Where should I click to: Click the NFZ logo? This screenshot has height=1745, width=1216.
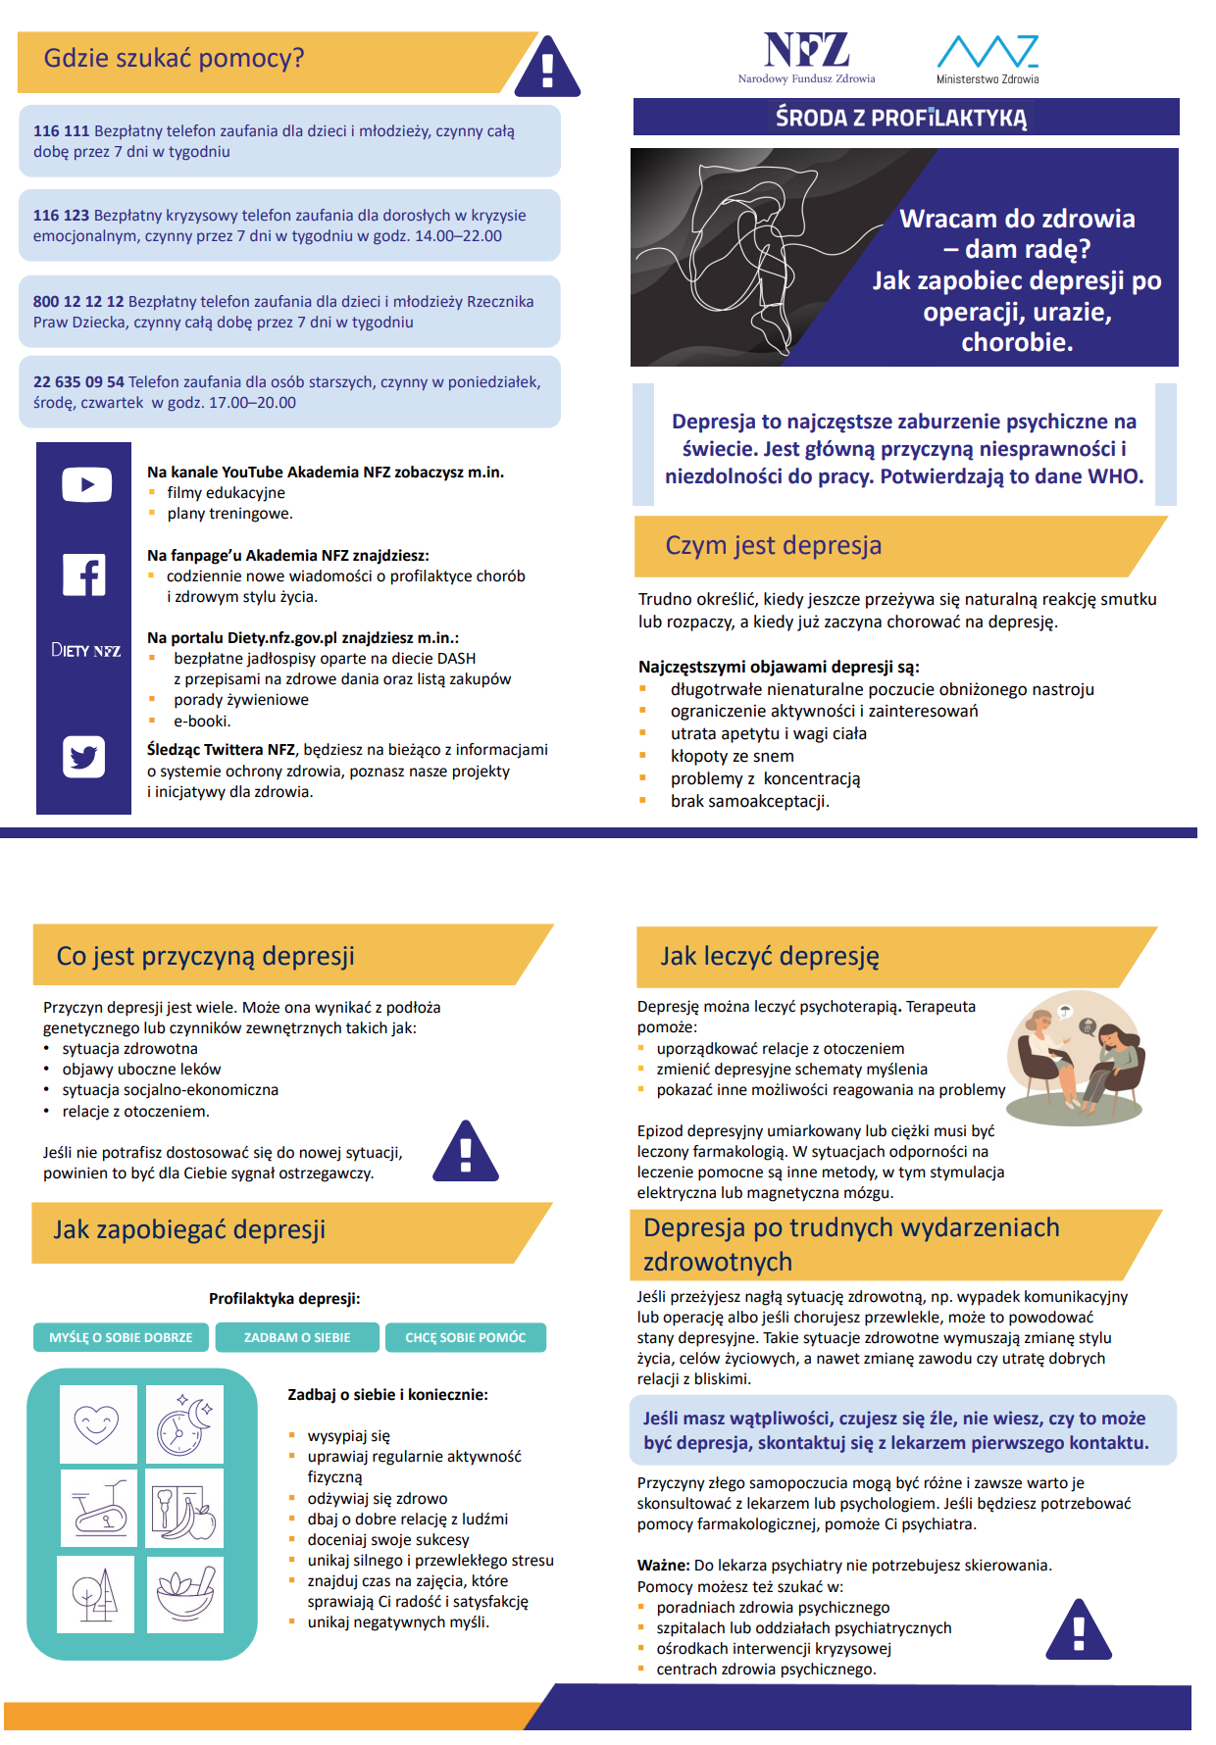806,57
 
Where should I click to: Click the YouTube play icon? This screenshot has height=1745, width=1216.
86,484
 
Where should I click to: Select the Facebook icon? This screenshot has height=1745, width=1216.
84,574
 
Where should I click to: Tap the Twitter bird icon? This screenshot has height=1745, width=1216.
84,757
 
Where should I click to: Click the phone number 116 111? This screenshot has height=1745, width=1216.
61,131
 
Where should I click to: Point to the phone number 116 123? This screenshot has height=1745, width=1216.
61,216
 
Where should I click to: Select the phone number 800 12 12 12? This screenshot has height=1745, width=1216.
78,302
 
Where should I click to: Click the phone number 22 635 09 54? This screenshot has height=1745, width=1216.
78,382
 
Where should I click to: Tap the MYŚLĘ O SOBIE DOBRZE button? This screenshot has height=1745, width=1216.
121,1337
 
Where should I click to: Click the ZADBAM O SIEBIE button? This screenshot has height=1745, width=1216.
297,1337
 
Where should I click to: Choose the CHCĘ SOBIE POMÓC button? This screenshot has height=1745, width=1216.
466,1337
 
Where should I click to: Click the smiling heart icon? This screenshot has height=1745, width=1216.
97,1423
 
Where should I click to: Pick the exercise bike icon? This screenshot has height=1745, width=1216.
98,1508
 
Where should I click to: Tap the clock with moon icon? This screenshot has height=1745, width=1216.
184,1423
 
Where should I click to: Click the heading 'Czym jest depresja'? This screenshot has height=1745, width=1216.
773,545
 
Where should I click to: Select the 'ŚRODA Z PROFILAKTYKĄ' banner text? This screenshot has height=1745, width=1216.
901,118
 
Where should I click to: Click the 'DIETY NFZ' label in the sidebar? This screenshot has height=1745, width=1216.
85,650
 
